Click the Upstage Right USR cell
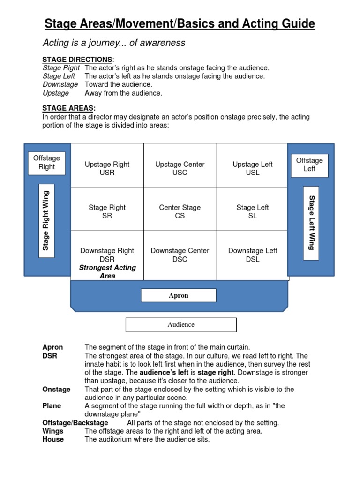pyautogui.click(x=107, y=168)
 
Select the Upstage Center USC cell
pyautogui.click(x=180, y=168)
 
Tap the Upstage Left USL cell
pyautogui.click(x=252, y=168)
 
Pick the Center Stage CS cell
pyautogui.click(x=180, y=211)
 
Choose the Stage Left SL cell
pyautogui.click(x=252, y=211)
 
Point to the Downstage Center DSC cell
pyautogui.click(x=180, y=255)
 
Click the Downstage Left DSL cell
pyautogui.click(x=252, y=255)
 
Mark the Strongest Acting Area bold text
pyautogui.click(x=107, y=272)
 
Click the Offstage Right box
pyautogui.click(x=46, y=163)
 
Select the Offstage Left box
pyautogui.click(x=309, y=165)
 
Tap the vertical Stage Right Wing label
pyautogui.click(x=46, y=220)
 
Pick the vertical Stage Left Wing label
pyautogui.click(x=311, y=223)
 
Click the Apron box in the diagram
pyautogui.click(x=179, y=295)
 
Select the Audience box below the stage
pyautogui.click(x=181, y=324)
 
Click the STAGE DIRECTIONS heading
pyautogui.click(x=77, y=60)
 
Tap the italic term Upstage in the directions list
pyautogui.click(x=56, y=93)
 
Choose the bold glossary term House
pyautogui.click(x=53, y=440)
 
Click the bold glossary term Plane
pyautogui.click(x=52, y=406)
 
